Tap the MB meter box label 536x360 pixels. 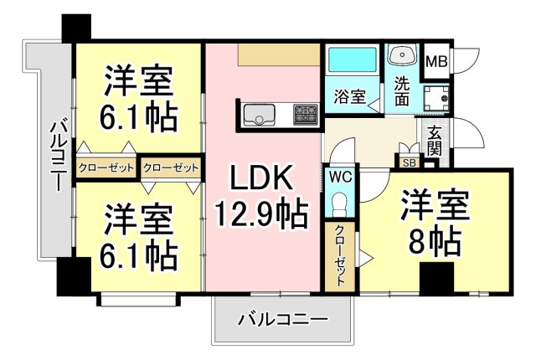pyautogui.click(x=435, y=61)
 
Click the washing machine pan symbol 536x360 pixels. pyautogui.click(x=436, y=97)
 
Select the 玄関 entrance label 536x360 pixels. pyautogui.click(x=435, y=140)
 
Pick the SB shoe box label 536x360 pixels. pyautogui.click(x=410, y=162)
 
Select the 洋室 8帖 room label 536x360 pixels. pyautogui.click(x=433, y=221)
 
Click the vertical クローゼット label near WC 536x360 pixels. pyautogui.click(x=338, y=256)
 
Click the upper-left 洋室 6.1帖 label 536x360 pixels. pyautogui.click(x=140, y=100)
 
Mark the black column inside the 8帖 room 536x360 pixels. pyautogui.click(x=437, y=278)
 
